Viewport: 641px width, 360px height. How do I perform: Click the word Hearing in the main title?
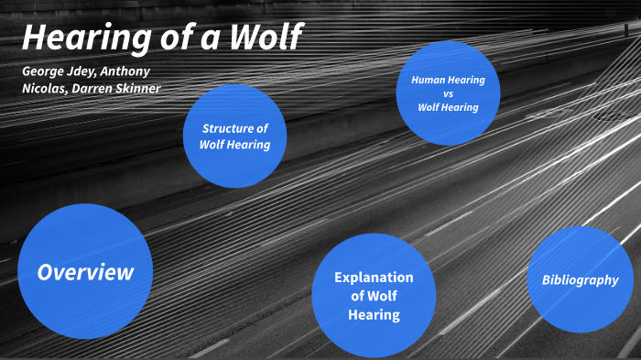(79, 38)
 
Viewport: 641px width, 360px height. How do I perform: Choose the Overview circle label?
(85, 272)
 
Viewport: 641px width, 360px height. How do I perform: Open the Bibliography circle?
(580, 279)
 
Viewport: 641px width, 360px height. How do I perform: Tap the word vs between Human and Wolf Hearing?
(448, 93)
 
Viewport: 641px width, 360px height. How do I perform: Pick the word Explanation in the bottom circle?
(374, 277)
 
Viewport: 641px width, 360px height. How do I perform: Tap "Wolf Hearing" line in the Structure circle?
(235, 145)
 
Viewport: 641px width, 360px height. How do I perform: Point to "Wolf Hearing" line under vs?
(448, 107)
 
